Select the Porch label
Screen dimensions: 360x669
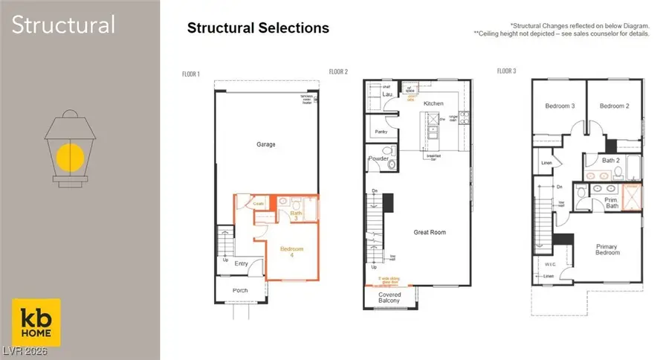(x=239, y=290)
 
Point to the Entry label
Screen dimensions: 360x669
(x=241, y=263)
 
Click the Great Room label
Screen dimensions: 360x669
(x=430, y=233)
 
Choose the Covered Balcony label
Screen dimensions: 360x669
(x=389, y=297)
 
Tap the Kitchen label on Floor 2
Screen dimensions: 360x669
(x=433, y=103)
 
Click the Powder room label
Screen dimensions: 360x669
(x=378, y=158)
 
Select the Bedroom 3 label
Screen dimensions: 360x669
(x=560, y=106)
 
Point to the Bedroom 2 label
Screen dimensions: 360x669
(x=614, y=106)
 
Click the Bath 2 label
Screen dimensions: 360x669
(x=611, y=160)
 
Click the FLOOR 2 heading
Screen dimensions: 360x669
(x=339, y=72)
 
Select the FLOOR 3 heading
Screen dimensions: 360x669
(x=507, y=71)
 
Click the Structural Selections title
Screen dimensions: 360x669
(x=258, y=28)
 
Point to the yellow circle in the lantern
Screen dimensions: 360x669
(x=71, y=157)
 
